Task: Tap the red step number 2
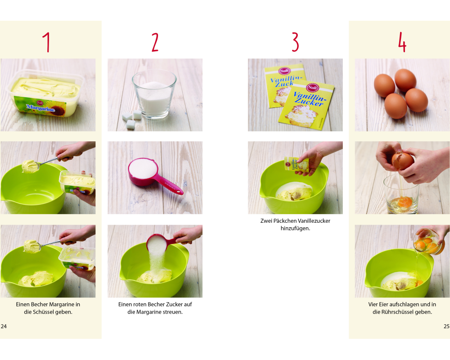point(155,42)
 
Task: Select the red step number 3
point(295,42)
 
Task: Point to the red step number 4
point(402,42)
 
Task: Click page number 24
point(4,326)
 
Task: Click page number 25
point(446,326)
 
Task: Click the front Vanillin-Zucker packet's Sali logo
point(312,87)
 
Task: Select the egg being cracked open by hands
point(403,162)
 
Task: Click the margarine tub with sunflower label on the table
point(45,94)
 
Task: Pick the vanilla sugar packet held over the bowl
point(297,165)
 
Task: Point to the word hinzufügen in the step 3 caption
point(295,229)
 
